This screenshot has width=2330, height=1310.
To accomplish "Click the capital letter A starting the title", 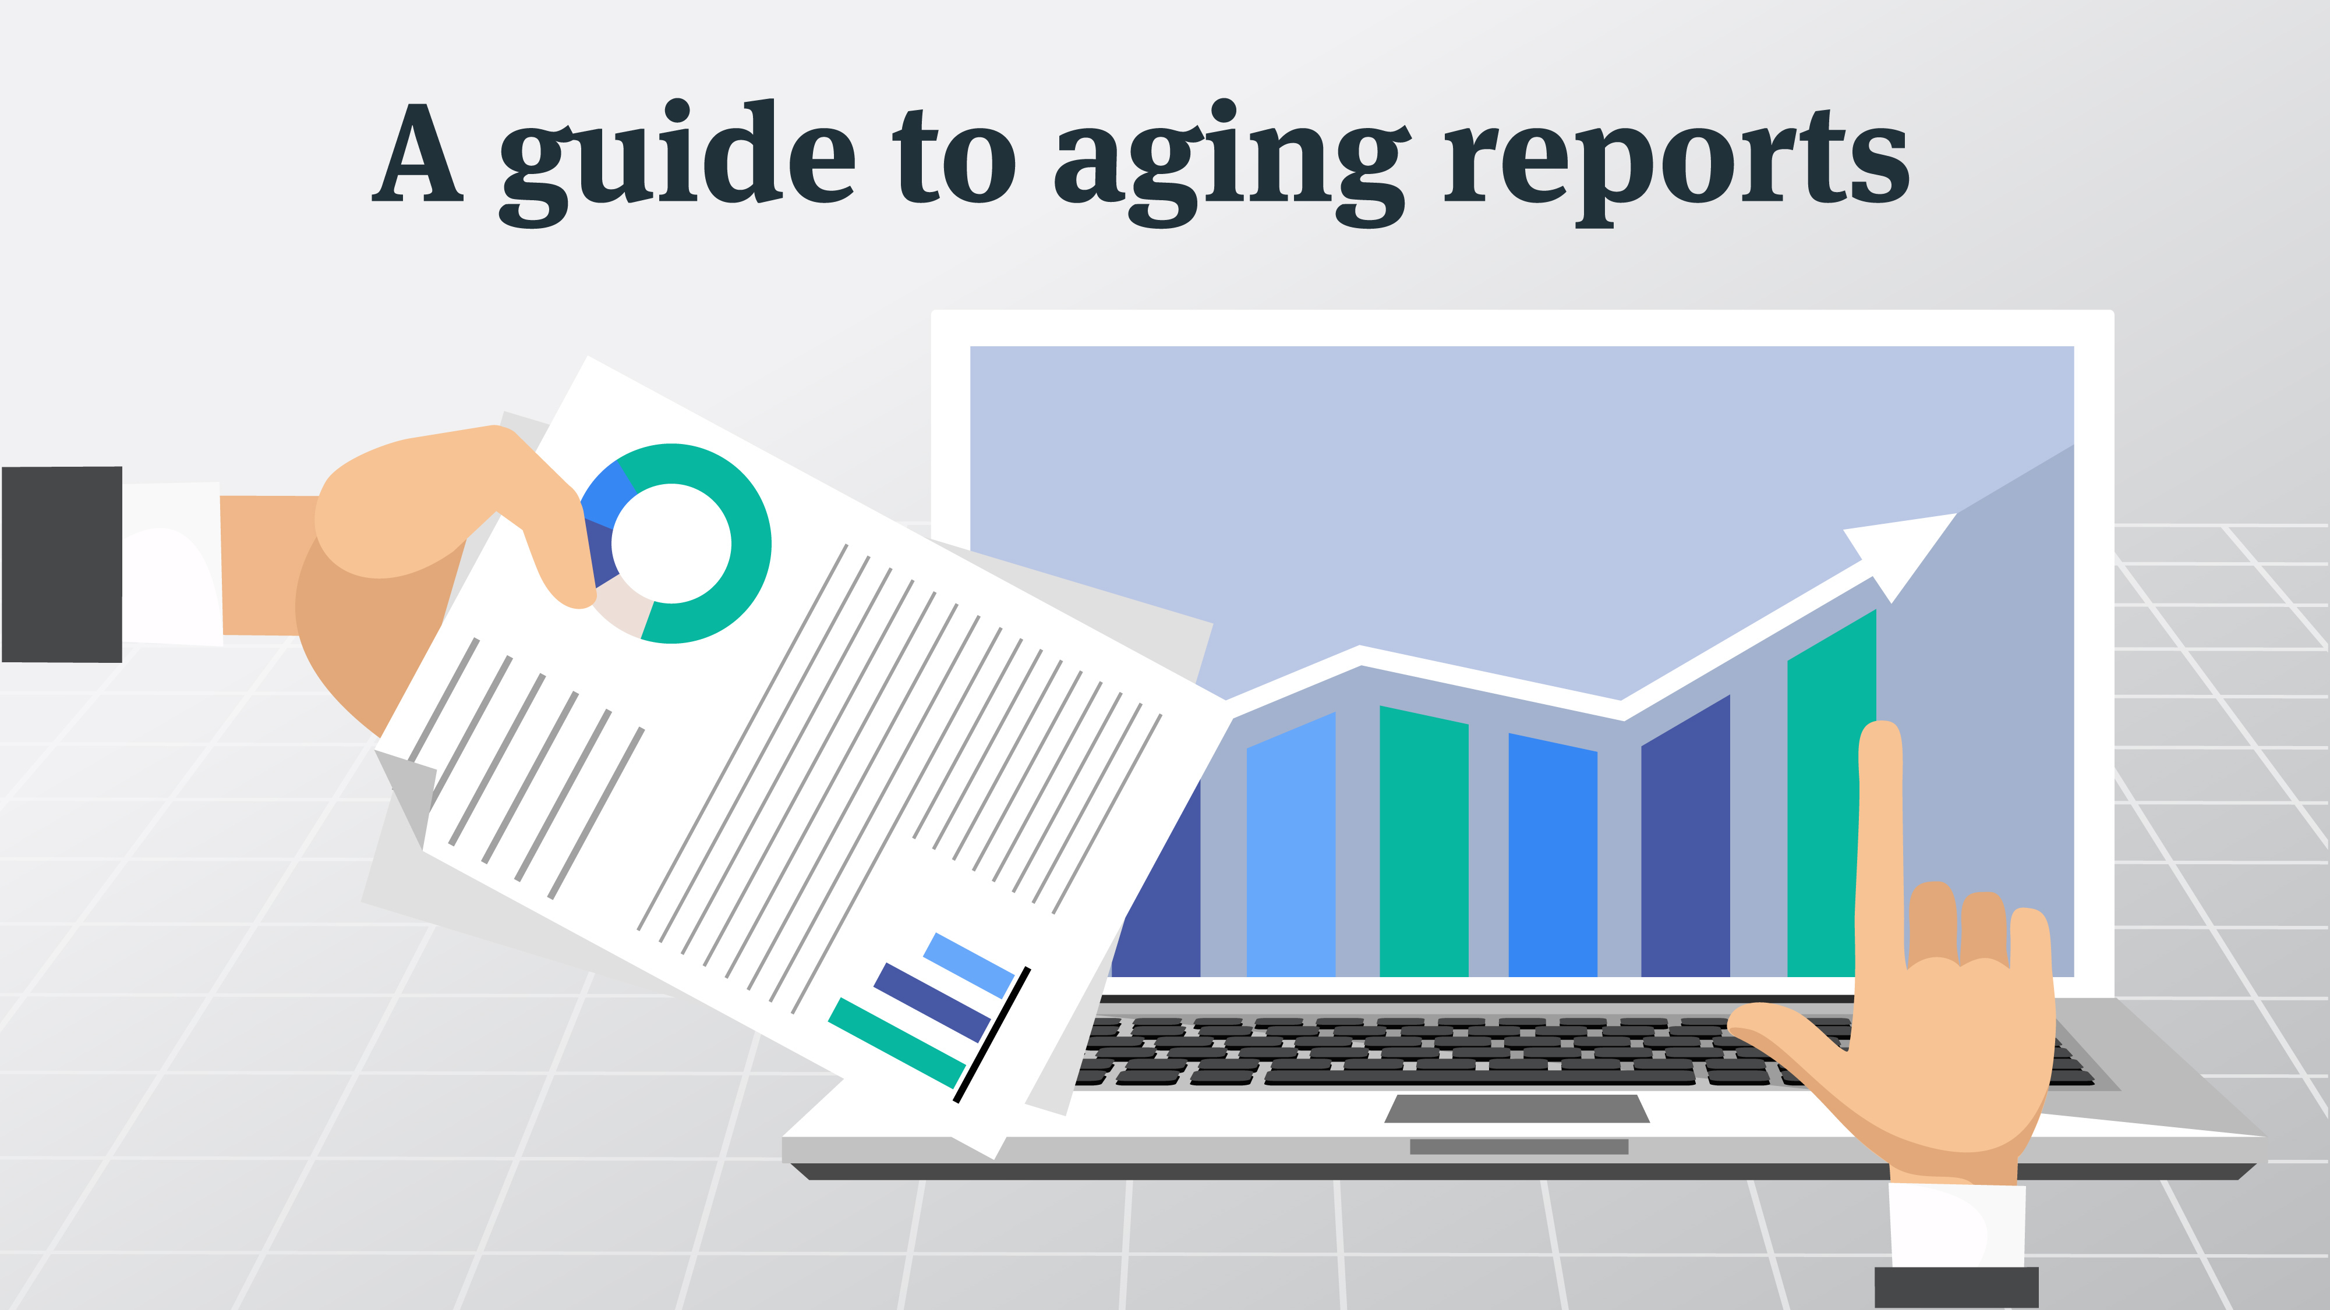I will [x=418, y=154].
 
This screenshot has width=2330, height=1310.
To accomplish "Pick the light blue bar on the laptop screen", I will [x=1290, y=850].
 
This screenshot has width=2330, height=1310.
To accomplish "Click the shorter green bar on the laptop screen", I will [x=1423, y=841].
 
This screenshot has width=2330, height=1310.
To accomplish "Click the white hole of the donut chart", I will [x=671, y=542].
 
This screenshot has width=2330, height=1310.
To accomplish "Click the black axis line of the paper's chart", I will [x=992, y=1036].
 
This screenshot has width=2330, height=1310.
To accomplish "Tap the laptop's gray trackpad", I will [x=1517, y=1109].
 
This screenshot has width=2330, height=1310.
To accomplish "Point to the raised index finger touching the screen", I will [x=1880, y=814].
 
